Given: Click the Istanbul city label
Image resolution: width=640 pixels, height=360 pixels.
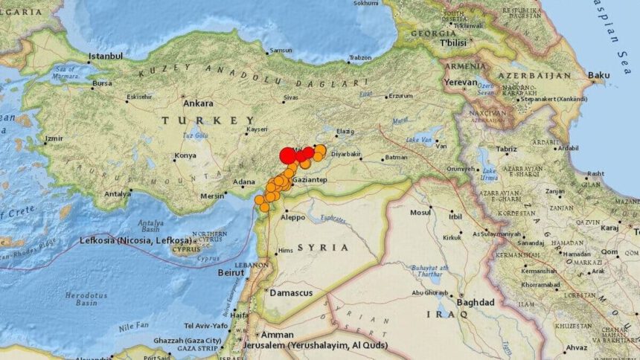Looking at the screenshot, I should [105, 56].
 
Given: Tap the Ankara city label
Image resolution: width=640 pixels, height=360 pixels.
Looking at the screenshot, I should [198, 103].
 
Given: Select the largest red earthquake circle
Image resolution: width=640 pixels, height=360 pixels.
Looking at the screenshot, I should [288, 155].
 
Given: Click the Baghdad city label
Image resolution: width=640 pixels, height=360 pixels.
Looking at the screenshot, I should [476, 303].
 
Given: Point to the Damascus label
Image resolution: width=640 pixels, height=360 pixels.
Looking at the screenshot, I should [291, 293].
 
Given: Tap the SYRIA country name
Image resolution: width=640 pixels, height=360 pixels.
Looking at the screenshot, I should [322, 247].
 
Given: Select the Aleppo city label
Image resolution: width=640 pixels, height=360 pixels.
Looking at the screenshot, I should [292, 219].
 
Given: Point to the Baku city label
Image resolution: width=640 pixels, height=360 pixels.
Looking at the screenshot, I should [598, 75].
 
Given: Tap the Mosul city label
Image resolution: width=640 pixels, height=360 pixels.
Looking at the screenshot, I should [420, 212].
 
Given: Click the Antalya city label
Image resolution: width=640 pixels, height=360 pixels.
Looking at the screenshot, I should [117, 194].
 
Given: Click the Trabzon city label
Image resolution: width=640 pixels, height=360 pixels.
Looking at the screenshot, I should [360, 58].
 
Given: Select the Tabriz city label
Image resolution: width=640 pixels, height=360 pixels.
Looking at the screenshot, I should [506, 150].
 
